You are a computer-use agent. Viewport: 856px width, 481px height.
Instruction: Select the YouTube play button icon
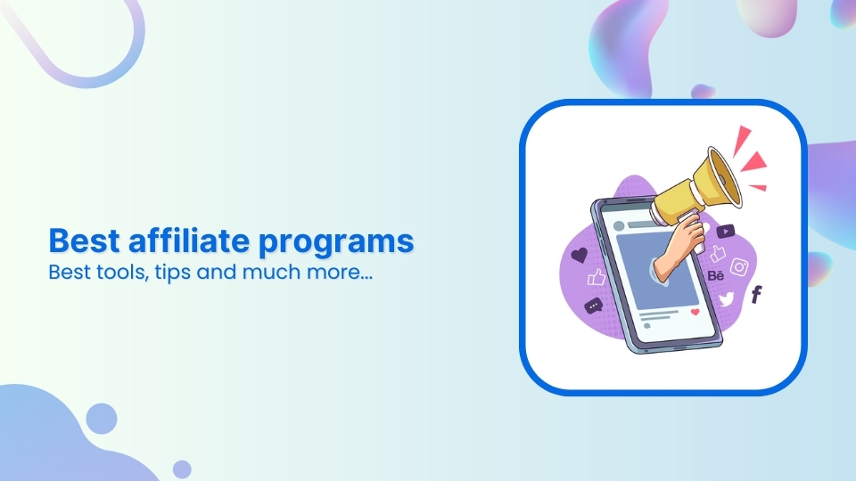[x=725, y=232]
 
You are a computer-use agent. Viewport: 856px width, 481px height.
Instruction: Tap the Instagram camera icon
[x=739, y=266]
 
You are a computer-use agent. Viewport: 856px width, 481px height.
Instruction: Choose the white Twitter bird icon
[x=727, y=300]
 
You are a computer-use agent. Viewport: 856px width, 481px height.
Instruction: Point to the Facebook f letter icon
[x=756, y=295]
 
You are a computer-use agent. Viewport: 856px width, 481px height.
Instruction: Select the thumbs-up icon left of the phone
[x=597, y=278]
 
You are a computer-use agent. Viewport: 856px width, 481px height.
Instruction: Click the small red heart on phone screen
[x=695, y=312]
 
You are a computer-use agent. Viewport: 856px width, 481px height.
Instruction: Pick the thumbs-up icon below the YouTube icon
[x=719, y=254]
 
